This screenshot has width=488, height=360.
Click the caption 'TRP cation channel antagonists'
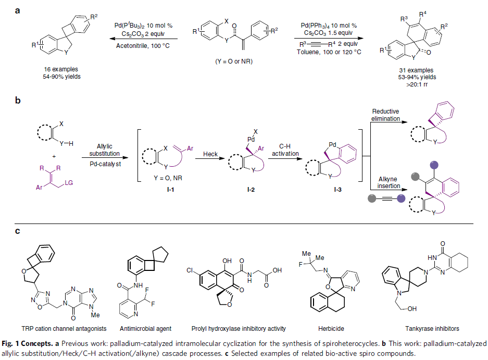tap(57, 328)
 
